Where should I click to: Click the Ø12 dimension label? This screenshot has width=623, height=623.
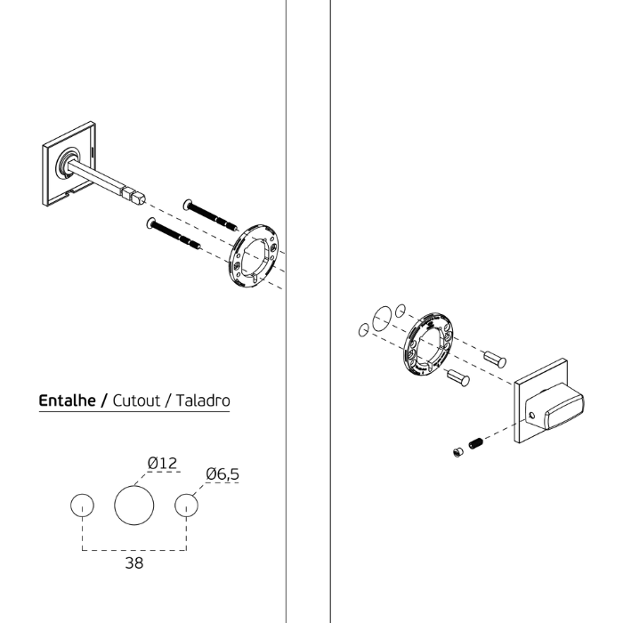[x=162, y=463]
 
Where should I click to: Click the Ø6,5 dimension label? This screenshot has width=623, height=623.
[x=222, y=474]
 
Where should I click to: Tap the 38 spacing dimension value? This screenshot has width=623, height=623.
[x=133, y=563]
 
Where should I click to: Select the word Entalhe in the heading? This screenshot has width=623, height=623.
[x=67, y=400]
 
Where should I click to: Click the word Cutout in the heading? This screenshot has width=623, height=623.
[x=136, y=400]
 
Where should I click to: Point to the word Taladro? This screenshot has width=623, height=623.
[x=203, y=400]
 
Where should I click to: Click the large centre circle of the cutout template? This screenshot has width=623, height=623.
[x=133, y=506]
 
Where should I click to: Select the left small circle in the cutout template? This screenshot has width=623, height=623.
[x=82, y=506]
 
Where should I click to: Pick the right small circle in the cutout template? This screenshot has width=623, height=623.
[x=186, y=506]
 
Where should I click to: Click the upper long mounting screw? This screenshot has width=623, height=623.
[x=211, y=215]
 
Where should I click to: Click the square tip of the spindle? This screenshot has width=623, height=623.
[x=139, y=198]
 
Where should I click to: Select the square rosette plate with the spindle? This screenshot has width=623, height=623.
[x=69, y=164]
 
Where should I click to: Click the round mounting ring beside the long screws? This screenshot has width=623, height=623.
[x=254, y=255]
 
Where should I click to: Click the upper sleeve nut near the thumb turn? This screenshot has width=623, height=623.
[x=495, y=359]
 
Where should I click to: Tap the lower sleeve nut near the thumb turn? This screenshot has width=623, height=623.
[x=458, y=377]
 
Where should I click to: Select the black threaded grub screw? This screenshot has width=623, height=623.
[x=475, y=443]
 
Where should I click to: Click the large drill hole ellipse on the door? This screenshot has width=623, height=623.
[x=382, y=319]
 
